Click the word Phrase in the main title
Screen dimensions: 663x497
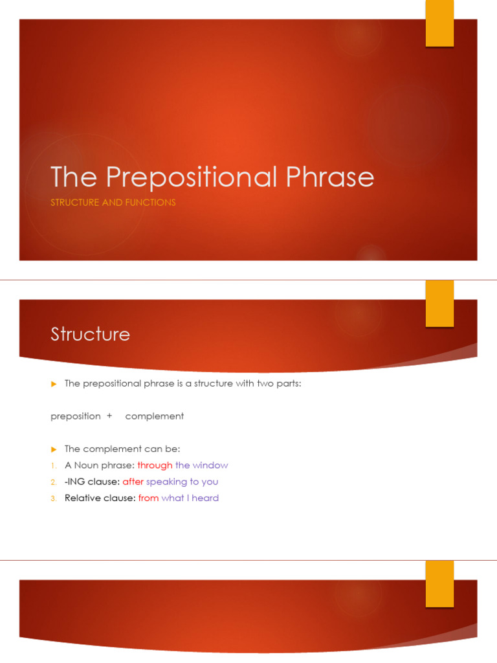click(327, 177)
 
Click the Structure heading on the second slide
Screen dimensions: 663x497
click(90, 334)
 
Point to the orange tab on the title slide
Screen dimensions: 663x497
click(439, 24)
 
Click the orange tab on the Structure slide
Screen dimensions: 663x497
click(439, 304)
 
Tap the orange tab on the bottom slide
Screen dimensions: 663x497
click(439, 584)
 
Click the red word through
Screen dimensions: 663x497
click(155, 466)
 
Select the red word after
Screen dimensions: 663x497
click(133, 482)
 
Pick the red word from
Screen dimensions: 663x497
click(148, 498)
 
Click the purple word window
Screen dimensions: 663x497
click(210, 466)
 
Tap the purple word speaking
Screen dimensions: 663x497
click(166, 482)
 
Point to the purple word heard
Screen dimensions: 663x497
click(205, 498)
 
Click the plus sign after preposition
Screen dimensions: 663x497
click(109, 416)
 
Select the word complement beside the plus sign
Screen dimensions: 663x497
click(154, 416)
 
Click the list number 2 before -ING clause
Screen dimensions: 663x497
click(54, 482)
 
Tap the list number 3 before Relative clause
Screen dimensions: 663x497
click(54, 499)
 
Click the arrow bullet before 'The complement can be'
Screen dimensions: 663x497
click(54, 449)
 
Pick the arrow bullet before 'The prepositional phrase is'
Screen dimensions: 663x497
click(54, 383)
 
